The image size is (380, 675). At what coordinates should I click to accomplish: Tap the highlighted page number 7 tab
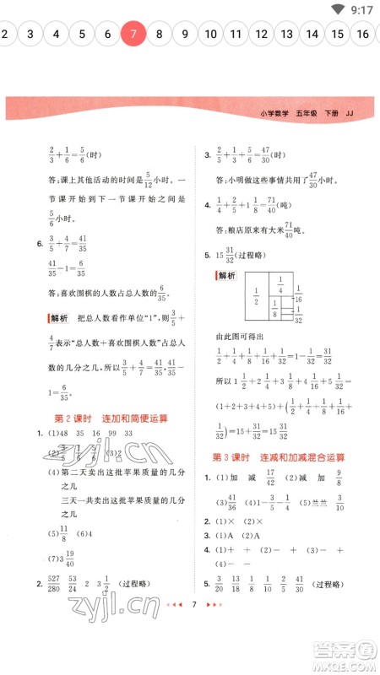pos(133,34)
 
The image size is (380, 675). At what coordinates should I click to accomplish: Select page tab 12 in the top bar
pos(262,34)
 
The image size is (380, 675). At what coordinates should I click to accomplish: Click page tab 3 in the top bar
pos(30,34)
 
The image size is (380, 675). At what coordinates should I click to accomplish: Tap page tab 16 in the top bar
pos(363,34)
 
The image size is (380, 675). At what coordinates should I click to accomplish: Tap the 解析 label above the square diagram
pos(226,276)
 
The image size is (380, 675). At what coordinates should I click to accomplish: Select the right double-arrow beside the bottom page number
pos(214,653)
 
